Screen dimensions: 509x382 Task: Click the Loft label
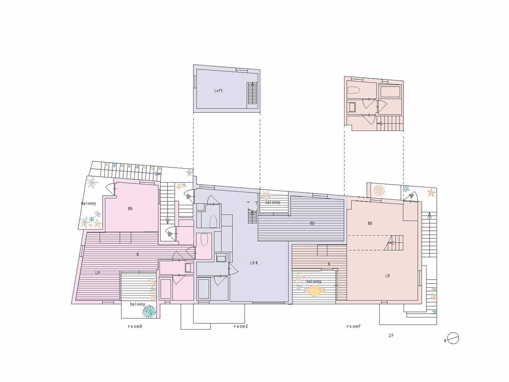tap(218, 91)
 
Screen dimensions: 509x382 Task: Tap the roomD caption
tap(135, 326)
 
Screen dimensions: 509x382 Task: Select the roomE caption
tap(241, 326)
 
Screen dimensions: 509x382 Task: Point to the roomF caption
tap(354, 326)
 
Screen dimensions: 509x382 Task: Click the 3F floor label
tap(391, 336)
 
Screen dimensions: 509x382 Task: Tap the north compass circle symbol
tap(453, 338)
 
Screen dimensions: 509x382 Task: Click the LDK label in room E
tap(254, 263)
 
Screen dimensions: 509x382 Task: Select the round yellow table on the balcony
tap(314, 291)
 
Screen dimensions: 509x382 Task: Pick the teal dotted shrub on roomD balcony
tap(149, 311)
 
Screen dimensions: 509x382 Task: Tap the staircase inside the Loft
tap(252, 93)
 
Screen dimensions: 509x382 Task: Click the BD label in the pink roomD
tap(130, 209)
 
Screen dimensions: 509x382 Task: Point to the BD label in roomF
tap(370, 223)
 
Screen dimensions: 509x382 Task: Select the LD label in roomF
tap(387, 276)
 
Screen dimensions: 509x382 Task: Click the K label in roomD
tap(138, 254)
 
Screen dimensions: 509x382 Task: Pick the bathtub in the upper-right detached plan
tap(390, 91)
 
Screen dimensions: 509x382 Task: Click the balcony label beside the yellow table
tap(314, 282)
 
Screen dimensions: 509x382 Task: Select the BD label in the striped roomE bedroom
tap(312, 223)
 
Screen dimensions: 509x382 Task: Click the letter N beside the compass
tap(445, 341)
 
